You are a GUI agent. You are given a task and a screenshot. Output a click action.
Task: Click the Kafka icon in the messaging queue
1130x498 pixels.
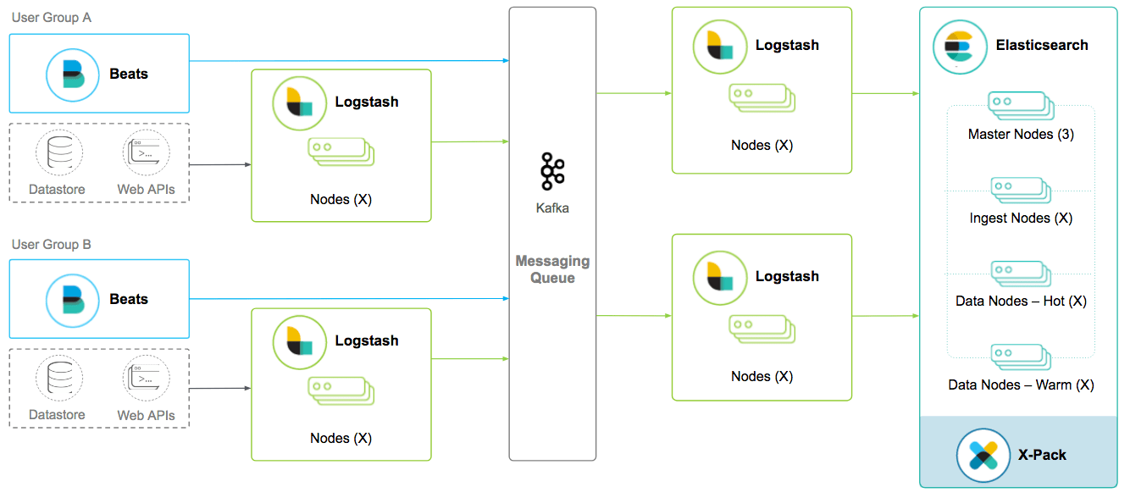click(552, 172)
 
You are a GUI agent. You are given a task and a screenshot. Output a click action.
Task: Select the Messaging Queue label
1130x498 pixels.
click(552, 269)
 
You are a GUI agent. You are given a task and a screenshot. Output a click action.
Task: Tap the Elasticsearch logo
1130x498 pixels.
click(960, 47)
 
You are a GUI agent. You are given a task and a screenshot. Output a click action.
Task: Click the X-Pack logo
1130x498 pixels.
click(983, 455)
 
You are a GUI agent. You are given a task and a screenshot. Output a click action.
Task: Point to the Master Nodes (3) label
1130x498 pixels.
click(1021, 134)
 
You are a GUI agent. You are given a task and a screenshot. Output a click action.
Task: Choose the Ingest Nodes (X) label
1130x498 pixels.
click(1021, 218)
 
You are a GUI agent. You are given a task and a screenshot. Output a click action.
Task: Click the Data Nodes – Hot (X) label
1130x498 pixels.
click(1021, 301)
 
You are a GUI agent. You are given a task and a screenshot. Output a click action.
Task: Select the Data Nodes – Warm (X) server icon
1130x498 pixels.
click(1021, 357)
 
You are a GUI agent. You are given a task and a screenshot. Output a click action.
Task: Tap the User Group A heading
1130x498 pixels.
click(52, 18)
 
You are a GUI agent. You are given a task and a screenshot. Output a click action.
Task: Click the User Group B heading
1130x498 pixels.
click(52, 245)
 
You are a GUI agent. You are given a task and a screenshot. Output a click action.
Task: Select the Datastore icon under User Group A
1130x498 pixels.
click(58, 153)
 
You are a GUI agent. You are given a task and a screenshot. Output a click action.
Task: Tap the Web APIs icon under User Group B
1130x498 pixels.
click(146, 379)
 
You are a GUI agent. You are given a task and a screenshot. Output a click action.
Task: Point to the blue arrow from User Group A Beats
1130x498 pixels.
click(347, 61)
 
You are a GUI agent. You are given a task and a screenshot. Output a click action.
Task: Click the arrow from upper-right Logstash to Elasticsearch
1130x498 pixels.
click(885, 93)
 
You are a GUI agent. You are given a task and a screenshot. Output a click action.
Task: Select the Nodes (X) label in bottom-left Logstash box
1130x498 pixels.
click(341, 438)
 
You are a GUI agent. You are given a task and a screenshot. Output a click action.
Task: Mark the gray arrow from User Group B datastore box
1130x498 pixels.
click(220, 389)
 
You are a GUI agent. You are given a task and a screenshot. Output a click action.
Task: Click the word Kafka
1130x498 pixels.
click(552, 207)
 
